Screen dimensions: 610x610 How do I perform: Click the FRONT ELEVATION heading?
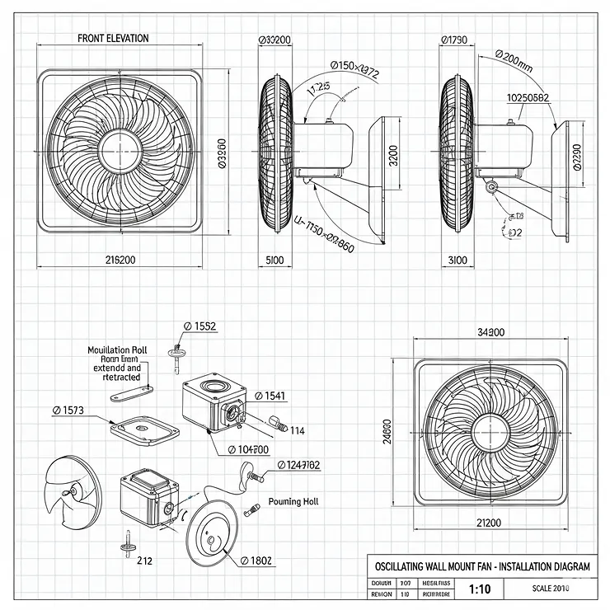pyautogui.click(x=113, y=38)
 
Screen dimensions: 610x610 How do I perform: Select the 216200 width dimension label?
pyautogui.click(x=120, y=260)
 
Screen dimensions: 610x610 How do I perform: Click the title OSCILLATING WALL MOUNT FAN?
pyautogui.click(x=479, y=567)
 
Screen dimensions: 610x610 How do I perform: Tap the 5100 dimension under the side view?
pyautogui.click(x=274, y=260)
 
